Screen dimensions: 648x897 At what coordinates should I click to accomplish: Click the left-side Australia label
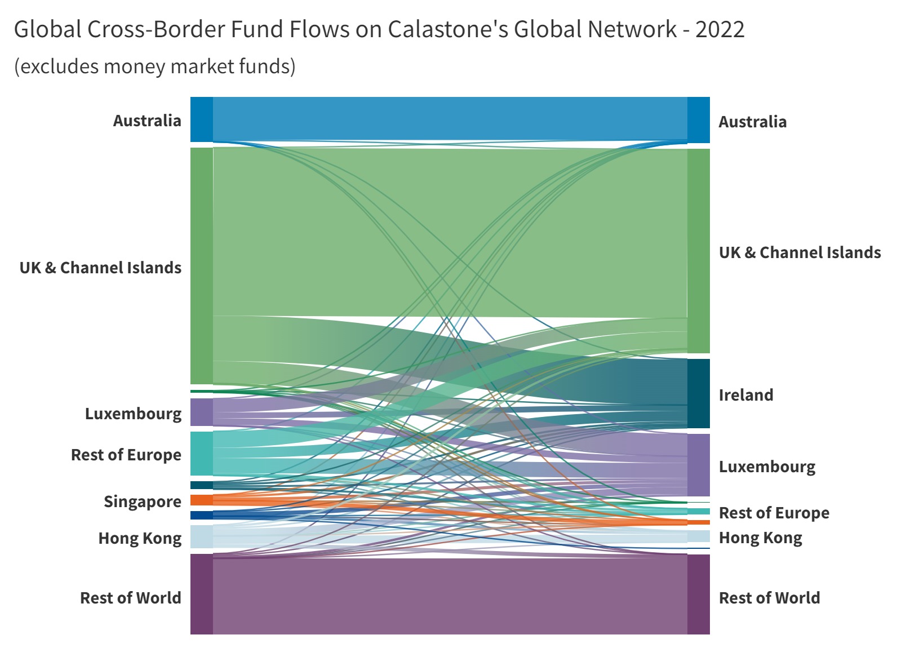147,121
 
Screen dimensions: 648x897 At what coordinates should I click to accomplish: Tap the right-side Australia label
752,122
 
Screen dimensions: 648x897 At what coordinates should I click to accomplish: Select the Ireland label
745,395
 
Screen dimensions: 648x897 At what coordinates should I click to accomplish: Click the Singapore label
142,501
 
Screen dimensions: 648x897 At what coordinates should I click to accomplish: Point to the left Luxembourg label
133,414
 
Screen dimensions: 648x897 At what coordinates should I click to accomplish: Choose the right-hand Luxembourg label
767,467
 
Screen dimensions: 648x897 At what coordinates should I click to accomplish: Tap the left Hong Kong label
140,538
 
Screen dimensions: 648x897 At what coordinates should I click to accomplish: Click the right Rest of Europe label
774,513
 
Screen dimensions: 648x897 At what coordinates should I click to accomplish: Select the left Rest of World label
130,598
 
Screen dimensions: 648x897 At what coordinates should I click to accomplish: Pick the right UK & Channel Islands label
800,252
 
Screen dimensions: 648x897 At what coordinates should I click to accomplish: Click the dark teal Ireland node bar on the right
698,393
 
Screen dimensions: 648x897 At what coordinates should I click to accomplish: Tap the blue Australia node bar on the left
202,119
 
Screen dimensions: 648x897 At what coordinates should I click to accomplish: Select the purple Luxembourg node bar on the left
202,412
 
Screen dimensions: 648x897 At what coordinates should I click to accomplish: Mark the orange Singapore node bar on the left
202,500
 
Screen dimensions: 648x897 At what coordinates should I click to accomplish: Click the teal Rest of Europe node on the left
202,454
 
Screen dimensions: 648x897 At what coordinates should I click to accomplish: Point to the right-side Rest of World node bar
698,594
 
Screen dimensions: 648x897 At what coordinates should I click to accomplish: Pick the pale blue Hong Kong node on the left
202,536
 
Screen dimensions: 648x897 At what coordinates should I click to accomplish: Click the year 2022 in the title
720,29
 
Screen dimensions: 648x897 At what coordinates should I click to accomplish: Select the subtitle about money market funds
154,66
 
